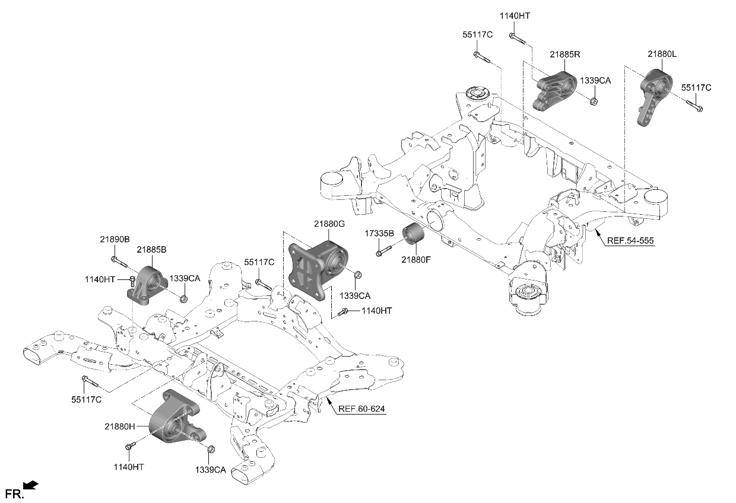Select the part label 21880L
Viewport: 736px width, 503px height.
click(x=662, y=54)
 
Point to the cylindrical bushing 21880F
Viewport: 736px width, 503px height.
click(x=414, y=238)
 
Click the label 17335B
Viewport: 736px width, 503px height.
click(x=380, y=233)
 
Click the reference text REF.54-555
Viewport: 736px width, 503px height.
click(x=630, y=241)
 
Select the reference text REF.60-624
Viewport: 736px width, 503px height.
click(x=362, y=409)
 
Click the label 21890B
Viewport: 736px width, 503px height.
click(x=115, y=239)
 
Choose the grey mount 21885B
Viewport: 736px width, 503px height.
click(x=147, y=285)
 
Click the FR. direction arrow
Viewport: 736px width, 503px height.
click(x=31, y=486)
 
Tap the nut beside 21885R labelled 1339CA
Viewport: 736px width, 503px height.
click(x=594, y=101)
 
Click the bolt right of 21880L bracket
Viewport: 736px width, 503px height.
click(x=695, y=106)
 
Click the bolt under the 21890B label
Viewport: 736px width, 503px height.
click(x=116, y=261)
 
